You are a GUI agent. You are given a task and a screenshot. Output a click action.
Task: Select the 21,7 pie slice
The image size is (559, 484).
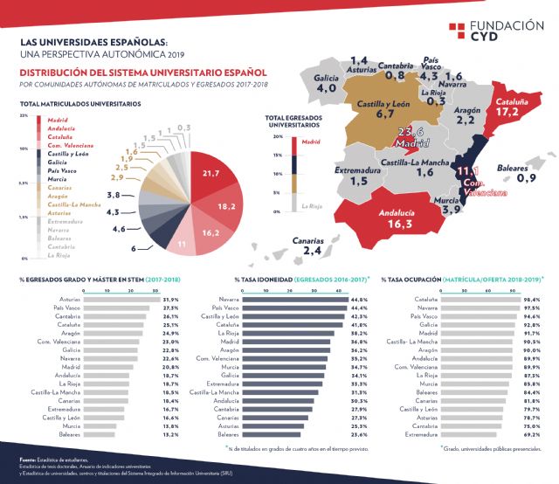209,175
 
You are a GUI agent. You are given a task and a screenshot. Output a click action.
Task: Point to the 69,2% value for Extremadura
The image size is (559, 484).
531,434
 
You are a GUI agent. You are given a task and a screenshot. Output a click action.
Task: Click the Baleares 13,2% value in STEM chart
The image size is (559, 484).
170,434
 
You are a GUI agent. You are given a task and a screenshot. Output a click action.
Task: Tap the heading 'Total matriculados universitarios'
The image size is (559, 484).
79,104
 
